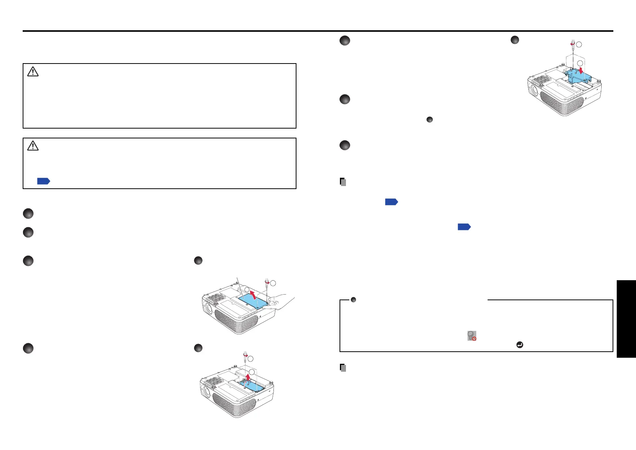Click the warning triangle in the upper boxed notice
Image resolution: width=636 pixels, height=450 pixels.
33,71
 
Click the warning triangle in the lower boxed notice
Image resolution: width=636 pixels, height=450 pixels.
33,146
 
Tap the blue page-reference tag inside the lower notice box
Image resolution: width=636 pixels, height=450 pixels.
43,181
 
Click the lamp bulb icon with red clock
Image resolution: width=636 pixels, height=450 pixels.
472,336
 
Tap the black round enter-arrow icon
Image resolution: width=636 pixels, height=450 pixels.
520,345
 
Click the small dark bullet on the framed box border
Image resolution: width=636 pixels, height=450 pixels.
354,300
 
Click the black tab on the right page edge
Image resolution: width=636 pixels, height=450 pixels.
626,319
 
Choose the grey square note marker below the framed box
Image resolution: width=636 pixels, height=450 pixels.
343,368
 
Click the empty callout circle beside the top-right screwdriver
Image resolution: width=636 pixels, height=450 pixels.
579,45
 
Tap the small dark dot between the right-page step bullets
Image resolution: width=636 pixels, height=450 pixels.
429,119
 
